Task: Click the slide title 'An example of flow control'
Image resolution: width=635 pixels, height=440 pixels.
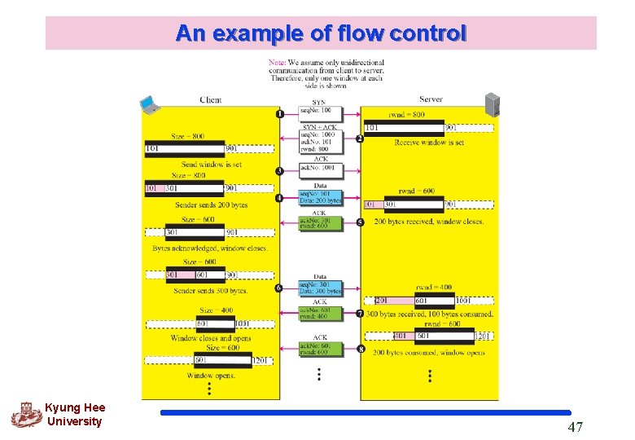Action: tap(321, 33)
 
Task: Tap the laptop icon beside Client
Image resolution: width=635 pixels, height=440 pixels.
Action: tap(149, 103)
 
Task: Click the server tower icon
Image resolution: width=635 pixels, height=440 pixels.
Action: tap(493, 104)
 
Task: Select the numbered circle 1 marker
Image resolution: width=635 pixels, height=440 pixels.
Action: tap(280, 113)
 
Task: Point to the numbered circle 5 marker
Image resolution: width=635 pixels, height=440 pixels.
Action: tap(360, 222)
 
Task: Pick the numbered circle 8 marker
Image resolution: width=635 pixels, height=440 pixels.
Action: tap(360, 350)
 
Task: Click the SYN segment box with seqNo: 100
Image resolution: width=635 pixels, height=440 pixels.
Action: tap(320, 111)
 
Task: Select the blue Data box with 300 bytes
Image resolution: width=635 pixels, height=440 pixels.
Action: tap(320, 288)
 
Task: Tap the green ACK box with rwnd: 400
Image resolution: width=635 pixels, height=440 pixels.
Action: tap(320, 314)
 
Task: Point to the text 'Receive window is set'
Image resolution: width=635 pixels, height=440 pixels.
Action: tap(429, 142)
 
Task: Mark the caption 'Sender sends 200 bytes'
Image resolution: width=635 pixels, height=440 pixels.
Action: tap(211, 205)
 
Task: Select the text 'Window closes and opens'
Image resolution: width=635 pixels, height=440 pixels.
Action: tap(210, 338)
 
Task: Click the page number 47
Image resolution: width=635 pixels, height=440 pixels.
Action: tap(575, 426)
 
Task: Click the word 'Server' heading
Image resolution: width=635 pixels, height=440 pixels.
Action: tap(431, 99)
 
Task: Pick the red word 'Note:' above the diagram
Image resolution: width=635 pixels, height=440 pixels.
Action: tap(278, 63)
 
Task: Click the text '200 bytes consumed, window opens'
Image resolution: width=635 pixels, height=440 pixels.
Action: tap(428, 353)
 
